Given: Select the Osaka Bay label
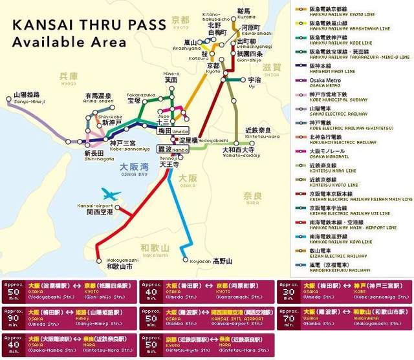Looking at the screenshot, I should [134, 168].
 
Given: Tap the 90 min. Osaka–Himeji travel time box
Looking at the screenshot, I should [69, 315].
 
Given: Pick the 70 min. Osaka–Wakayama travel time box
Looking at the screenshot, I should [345, 315].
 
